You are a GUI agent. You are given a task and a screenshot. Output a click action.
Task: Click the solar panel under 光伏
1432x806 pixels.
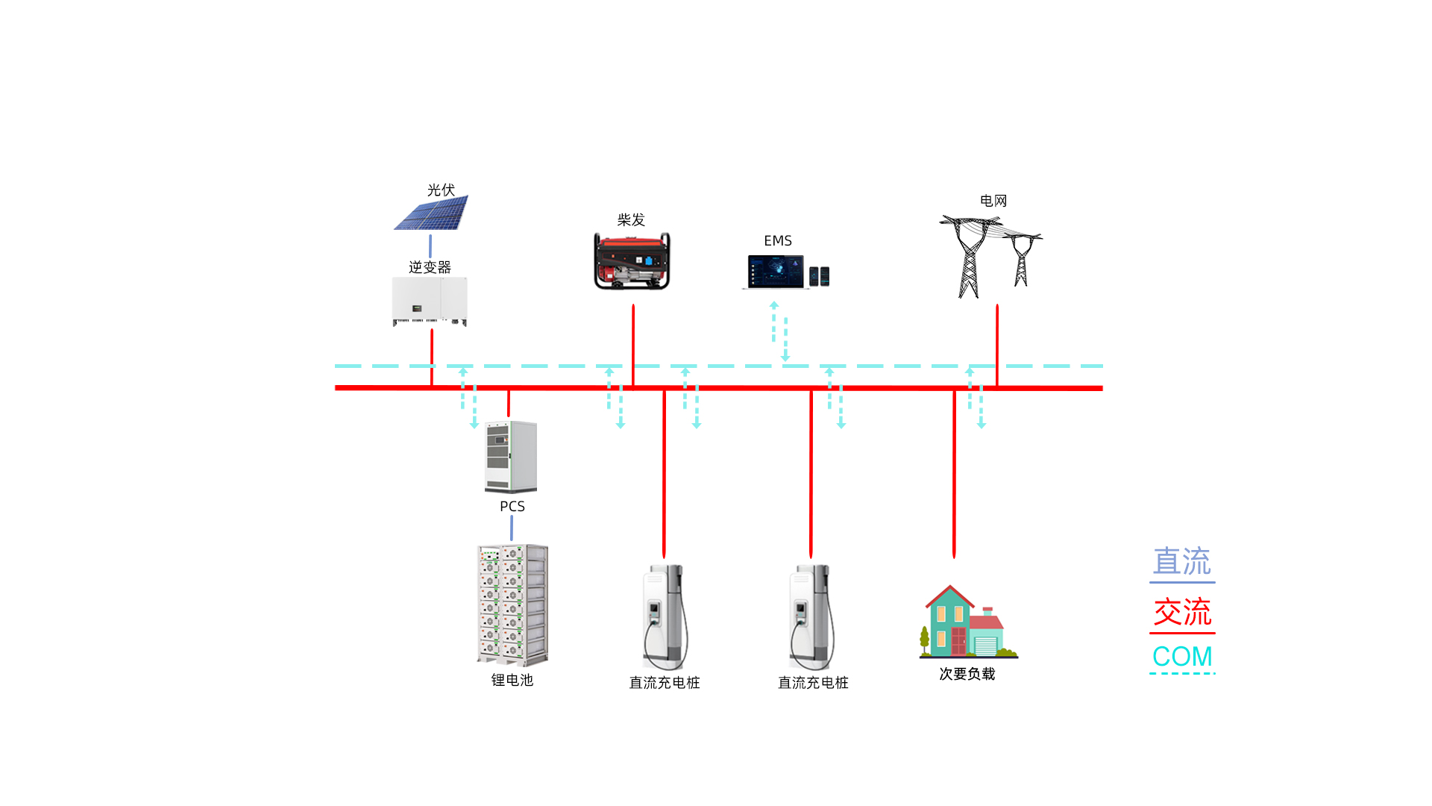(x=432, y=213)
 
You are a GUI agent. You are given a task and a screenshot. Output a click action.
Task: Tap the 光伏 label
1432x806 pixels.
(x=441, y=190)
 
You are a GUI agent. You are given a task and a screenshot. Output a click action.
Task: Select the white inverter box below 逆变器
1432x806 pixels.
(x=430, y=301)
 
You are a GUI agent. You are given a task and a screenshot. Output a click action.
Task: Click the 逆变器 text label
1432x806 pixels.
(x=430, y=267)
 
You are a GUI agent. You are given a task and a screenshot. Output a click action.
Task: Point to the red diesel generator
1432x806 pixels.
(x=632, y=261)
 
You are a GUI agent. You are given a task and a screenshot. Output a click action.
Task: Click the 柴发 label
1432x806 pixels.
(x=631, y=220)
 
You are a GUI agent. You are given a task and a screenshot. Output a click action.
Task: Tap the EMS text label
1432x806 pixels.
(x=778, y=241)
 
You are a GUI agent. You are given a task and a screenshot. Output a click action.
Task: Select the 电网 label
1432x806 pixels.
(x=993, y=201)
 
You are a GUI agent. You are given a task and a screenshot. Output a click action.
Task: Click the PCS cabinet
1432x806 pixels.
(x=511, y=457)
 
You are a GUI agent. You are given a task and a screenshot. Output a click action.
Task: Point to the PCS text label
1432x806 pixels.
(x=512, y=507)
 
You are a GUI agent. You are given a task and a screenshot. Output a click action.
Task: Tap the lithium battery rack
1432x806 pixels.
(x=512, y=604)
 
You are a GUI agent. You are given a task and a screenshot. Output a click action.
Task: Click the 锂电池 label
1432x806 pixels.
(x=512, y=680)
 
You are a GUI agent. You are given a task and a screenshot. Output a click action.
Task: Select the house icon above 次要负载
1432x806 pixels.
(x=967, y=622)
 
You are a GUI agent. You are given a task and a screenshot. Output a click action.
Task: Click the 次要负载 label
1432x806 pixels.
(x=967, y=674)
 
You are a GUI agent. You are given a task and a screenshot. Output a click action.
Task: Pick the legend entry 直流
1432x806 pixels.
(x=1182, y=562)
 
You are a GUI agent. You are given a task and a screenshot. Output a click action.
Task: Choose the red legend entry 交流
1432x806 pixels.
(x=1182, y=613)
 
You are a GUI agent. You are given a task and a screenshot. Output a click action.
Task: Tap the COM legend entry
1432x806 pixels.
(x=1182, y=657)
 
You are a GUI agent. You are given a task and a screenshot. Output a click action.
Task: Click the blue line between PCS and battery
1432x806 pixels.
(x=512, y=528)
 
